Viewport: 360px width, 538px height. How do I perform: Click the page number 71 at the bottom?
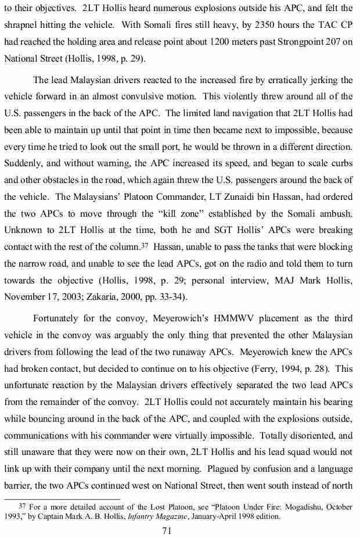click(x=180, y=530)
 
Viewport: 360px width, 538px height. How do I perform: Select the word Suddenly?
click(x=23, y=163)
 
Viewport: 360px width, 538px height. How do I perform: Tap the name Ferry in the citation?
click(x=269, y=368)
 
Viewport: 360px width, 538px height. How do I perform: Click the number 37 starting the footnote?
click(x=24, y=507)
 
